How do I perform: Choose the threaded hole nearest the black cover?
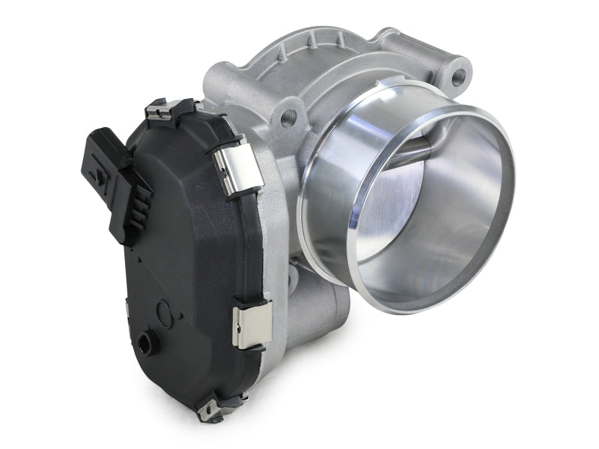287,117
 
